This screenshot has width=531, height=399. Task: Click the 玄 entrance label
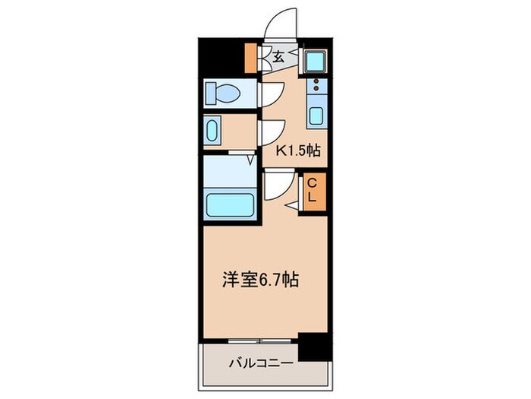278,56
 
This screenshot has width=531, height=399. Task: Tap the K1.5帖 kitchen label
298,150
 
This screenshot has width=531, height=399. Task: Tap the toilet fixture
223,94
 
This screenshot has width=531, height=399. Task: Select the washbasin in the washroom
212,130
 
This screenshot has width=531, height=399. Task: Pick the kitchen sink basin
316,117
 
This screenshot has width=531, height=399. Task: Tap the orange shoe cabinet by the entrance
252,57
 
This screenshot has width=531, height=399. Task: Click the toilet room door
268,94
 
